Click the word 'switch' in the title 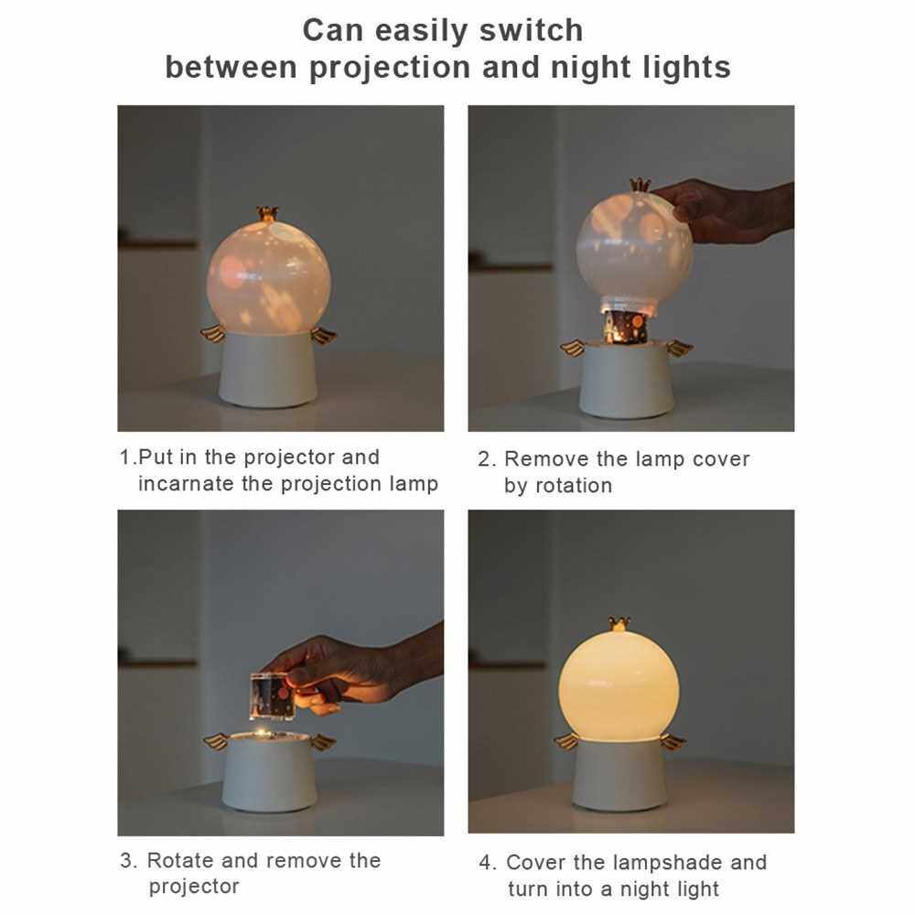pyautogui.click(x=531, y=30)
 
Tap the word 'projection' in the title pyautogui.click(x=390, y=68)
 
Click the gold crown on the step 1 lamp pyautogui.click(x=267, y=213)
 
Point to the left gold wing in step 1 pyautogui.click(x=213, y=334)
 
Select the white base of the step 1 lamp pyautogui.click(x=268, y=370)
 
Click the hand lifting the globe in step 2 pyautogui.click(x=724, y=211)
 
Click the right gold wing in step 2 pyautogui.click(x=679, y=349)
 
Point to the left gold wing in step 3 pyautogui.click(x=215, y=742)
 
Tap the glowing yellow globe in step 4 pyautogui.click(x=619, y=687)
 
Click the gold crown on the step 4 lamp pyautogui.click(x=619, y=624)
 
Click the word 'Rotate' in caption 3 pyautogui.click(x=180, y=860)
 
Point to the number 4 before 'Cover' pyautogui.click(x=484, y=863)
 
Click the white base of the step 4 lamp pyautogui.click(x=619, y=775)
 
